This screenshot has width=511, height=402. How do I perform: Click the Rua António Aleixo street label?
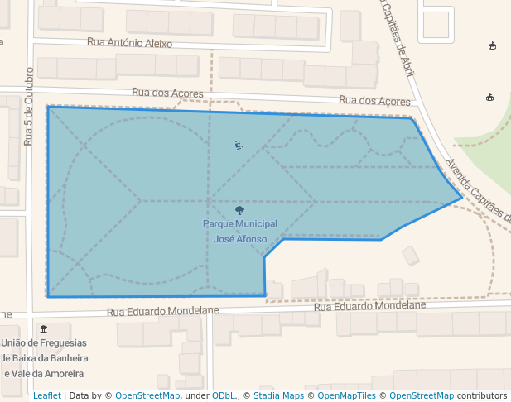129,43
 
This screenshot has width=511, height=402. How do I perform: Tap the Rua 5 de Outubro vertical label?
28,107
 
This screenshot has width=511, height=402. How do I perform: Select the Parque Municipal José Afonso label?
240,231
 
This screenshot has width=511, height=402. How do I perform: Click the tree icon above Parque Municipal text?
240,211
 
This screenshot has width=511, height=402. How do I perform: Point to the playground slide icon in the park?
239,146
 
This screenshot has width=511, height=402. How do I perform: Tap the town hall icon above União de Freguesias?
43,329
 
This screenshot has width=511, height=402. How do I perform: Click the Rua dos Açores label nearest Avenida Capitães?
374,100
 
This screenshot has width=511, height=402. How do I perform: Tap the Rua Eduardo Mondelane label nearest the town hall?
162,311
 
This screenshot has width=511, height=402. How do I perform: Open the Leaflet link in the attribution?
46,395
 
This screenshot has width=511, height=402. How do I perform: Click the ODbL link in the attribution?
224,395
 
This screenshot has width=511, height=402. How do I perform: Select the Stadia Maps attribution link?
278,395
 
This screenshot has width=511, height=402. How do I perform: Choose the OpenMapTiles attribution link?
349,395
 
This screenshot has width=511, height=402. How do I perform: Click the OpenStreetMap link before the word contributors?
422,395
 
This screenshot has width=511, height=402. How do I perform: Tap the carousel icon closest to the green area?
489,98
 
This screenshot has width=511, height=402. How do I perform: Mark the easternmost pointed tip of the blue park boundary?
462,197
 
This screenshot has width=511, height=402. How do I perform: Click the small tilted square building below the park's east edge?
411,256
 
